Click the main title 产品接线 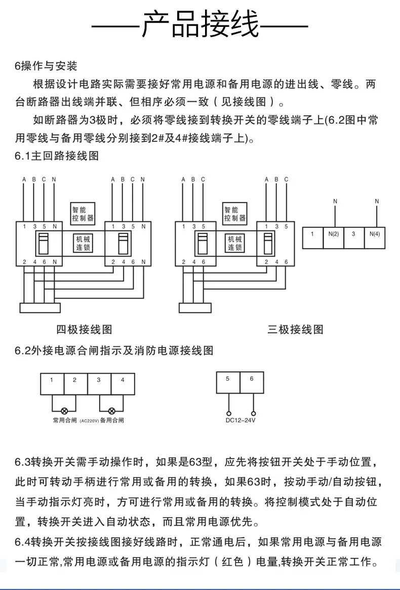click(200, 24)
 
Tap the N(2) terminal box click(333, 238)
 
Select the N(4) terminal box click(375, 238)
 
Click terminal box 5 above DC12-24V click(228, 382)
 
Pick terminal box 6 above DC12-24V click(252, 382)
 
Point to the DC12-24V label click(241, 420)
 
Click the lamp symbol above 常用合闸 click(64, 411)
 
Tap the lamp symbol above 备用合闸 click(111, 411)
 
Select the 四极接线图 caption click(84, 330)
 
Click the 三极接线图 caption click(295, 330)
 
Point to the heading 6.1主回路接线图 click(57, 156)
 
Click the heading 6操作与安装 click(46, 66)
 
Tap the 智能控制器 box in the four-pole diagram click(83, 214)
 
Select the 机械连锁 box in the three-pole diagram click(235, 243)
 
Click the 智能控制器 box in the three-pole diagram click(235, 214)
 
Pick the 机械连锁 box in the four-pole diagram click(83, 243)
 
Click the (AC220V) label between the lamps click(89, 421)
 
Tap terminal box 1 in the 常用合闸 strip click(52, 384)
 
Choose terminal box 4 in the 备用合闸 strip click(123, 384)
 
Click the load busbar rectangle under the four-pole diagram click(40, 308)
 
